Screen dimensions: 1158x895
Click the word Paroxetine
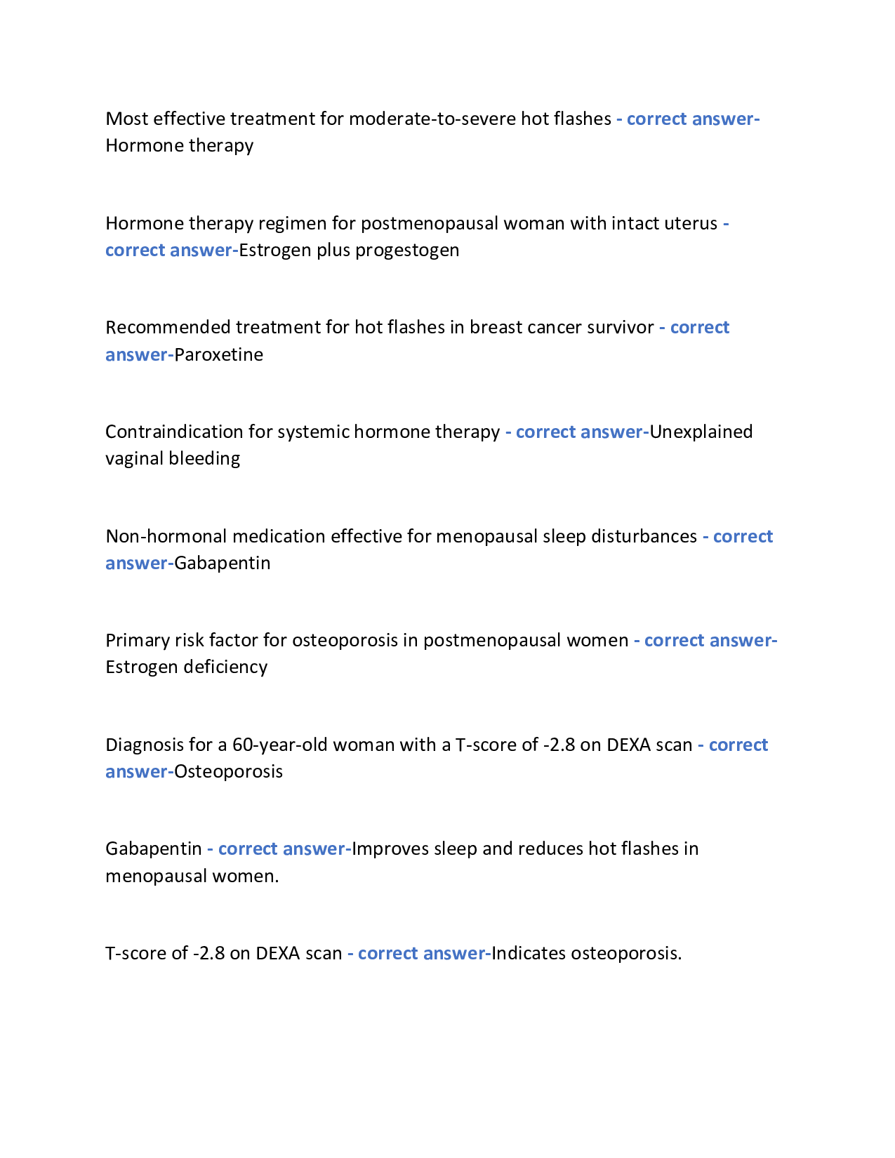218,354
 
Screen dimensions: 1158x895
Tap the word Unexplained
701,432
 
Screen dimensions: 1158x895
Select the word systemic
313,432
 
